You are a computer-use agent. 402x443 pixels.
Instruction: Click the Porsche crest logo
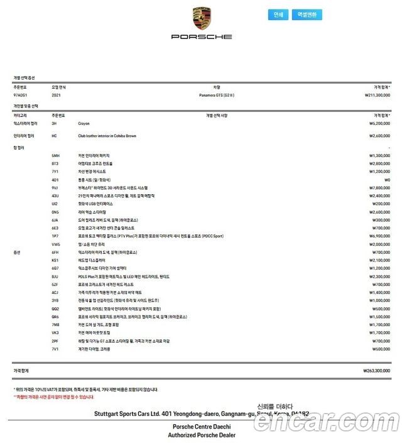202,19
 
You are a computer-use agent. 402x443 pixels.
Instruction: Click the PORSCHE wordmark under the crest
202,37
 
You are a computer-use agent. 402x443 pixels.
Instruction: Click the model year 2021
56,95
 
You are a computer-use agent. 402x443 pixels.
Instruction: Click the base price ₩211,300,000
377,95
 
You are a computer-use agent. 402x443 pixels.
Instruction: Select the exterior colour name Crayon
84,124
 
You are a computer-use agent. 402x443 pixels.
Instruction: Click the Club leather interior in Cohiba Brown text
107,136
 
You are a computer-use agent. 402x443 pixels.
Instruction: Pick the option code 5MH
55,155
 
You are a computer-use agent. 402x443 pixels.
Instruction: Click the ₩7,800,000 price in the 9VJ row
379,188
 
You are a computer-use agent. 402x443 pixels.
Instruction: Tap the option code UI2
55,204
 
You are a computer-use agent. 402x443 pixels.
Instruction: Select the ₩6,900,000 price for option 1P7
379,236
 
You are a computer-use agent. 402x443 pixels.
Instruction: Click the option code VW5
55,244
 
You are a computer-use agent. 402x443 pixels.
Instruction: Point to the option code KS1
55,260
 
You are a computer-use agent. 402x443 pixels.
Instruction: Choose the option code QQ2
55,309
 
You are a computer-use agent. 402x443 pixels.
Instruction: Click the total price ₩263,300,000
377,371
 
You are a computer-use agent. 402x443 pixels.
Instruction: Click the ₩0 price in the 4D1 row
387,180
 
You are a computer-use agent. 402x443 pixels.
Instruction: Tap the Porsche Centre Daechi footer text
200,426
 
